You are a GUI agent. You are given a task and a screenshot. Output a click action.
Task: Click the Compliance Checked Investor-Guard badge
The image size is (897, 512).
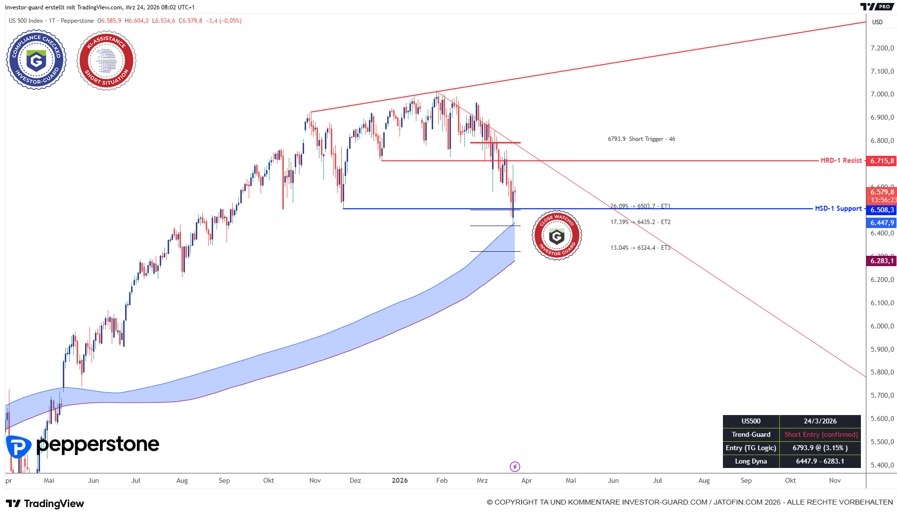point(36,60)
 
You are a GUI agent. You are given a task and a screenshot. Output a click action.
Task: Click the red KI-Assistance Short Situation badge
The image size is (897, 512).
point(106,60)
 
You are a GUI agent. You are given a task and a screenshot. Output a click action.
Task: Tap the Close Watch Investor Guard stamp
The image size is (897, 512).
point(557,235)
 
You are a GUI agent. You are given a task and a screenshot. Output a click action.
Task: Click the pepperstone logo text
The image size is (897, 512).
point(97,445)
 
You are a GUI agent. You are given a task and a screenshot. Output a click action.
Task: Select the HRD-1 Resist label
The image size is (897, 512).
point(841,161)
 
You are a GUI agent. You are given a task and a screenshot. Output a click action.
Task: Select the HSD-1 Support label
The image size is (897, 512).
point(838,209)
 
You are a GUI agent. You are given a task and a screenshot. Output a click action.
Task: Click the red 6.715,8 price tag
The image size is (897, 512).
point(882,161)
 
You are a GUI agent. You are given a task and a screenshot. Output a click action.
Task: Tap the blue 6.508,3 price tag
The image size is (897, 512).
point(882,210)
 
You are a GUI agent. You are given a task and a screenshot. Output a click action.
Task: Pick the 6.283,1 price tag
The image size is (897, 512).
point(882,261)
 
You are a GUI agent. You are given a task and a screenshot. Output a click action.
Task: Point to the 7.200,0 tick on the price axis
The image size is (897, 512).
point(882,48)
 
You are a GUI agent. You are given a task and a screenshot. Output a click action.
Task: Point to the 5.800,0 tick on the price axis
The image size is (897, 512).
point(882,372)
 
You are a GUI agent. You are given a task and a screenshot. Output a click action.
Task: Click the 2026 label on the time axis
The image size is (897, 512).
point(400,481)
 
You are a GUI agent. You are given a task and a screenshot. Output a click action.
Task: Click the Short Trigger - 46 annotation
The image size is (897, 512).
point(641,139)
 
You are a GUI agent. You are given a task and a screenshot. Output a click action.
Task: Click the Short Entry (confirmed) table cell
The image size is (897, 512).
point(820,435)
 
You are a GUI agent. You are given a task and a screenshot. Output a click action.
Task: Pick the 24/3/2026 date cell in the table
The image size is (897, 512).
point(820,421)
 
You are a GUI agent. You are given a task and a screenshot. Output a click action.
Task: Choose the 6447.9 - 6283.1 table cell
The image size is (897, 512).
point(820,462)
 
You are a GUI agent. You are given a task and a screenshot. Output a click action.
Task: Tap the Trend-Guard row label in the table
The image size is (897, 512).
point(751,435)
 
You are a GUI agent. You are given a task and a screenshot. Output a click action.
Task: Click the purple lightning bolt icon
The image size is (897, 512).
point(515,466)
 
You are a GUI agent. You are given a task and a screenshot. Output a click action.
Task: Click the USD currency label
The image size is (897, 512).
point(877,22)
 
